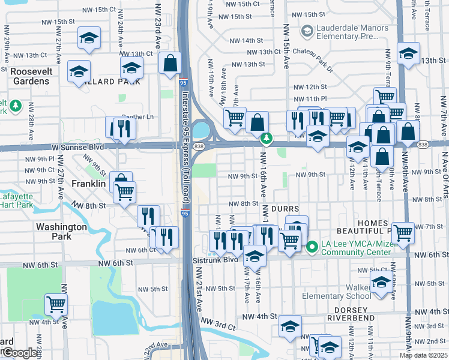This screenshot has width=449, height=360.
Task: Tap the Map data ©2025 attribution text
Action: (x=423, y=355)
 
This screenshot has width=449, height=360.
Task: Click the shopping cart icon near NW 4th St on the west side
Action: (x=56, y=304)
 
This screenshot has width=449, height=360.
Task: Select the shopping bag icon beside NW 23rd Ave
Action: (x=170, y=62)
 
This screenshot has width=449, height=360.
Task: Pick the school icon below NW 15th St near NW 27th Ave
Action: (x=89, y=38)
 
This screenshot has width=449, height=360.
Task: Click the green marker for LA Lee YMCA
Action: (x=312, y=247)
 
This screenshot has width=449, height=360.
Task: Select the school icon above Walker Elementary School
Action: (x=381, y=281)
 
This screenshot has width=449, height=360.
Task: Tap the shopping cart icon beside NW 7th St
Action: (x=403, y=232)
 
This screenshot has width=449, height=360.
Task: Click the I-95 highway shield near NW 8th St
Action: (x=185, y=212)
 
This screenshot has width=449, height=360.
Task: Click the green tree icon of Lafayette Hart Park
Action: (x=15, y=107)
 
